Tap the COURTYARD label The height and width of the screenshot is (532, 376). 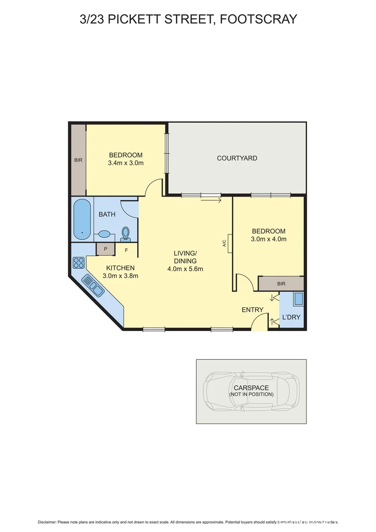[x=237, y=158]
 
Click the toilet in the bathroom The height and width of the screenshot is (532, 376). [x=125, y=233]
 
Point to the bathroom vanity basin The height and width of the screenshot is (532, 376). [x=105, y=234]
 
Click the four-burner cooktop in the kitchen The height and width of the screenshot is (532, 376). [x=78, y=262]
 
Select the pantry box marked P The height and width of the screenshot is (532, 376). [x=105, y=249]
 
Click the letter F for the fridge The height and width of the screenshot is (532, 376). [x=126, y=250]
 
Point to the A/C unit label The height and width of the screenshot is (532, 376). [x=224, y=243]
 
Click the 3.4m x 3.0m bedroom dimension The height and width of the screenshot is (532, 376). [x=125, y=163]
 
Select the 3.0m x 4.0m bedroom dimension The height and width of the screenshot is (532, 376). [x=269, y=239]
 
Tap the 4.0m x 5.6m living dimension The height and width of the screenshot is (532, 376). [x=185, y=269]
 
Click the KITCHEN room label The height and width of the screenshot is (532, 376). [x=120, y=267]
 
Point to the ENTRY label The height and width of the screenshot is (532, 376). [x=252, y=310]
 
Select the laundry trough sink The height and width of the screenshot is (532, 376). [x=297, y=299]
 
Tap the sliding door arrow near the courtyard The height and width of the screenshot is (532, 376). [x=212, y=200]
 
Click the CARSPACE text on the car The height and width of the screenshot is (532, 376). [x=251, y=388]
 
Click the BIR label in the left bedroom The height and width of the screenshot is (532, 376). [x=78, y=160]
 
